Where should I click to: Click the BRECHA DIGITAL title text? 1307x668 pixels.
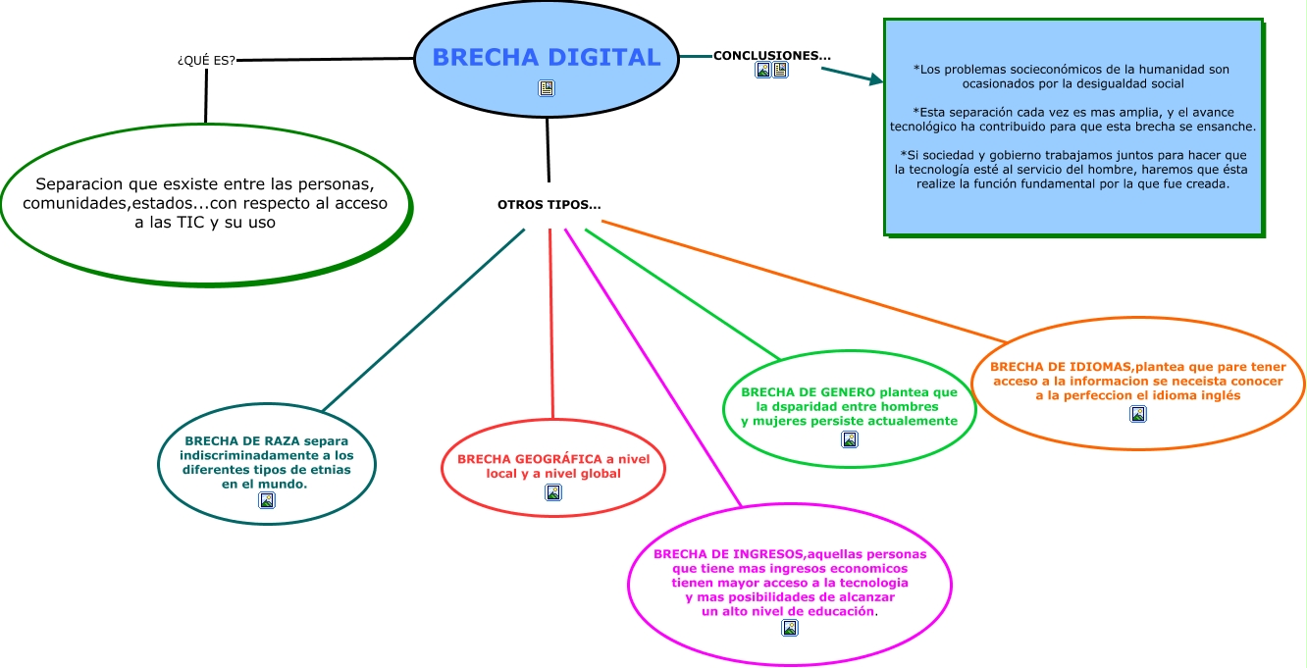(x=546, y=57)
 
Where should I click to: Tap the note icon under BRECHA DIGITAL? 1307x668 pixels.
(x=547, y=89)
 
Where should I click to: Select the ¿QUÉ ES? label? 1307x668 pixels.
(x=206, y=60)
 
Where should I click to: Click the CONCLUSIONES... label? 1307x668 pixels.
(x=771, y=55)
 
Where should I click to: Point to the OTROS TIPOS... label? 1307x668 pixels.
(x=549, y=205)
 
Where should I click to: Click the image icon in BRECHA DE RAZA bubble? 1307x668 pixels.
(x=266, y=500)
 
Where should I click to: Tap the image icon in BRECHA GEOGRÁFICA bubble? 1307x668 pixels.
(x=553, y=492)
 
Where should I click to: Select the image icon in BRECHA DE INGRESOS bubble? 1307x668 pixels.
(x=789, y=628)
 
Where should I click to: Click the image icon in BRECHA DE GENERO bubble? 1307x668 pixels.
(x=850, y=439)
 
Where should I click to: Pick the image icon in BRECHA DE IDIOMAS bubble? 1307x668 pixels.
(x=1138, y=414)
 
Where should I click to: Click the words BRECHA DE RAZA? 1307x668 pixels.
(x=241, y=440)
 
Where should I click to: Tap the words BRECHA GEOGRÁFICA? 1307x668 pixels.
(x=529, y=459)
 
